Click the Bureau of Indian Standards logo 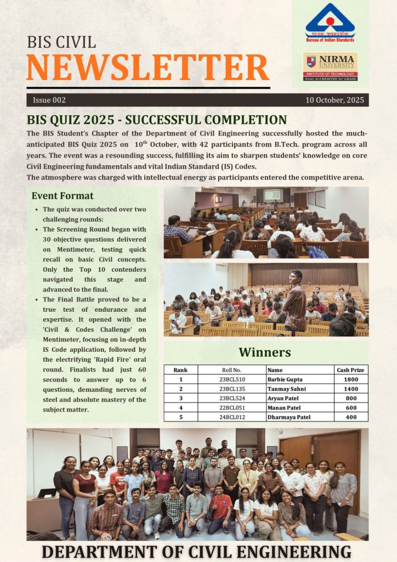pos(330,23)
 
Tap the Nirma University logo pos(330,66)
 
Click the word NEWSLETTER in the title pos(148,68)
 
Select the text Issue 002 pos(49,100)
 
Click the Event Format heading pos(63,196)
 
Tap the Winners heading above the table pos(265,352)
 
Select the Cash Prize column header pos(351,370)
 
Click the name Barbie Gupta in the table pos(285,379)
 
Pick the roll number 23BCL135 pos(232,389)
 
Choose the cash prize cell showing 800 pos(351,398)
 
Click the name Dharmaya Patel pos(289,417)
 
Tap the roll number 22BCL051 pos(232,407)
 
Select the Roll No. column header pos(232,370)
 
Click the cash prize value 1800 pos(351,379)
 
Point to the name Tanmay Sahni pos(286,389)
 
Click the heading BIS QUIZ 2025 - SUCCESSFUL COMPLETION pos(157,120)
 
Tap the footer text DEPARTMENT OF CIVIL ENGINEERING pos(197,551)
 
